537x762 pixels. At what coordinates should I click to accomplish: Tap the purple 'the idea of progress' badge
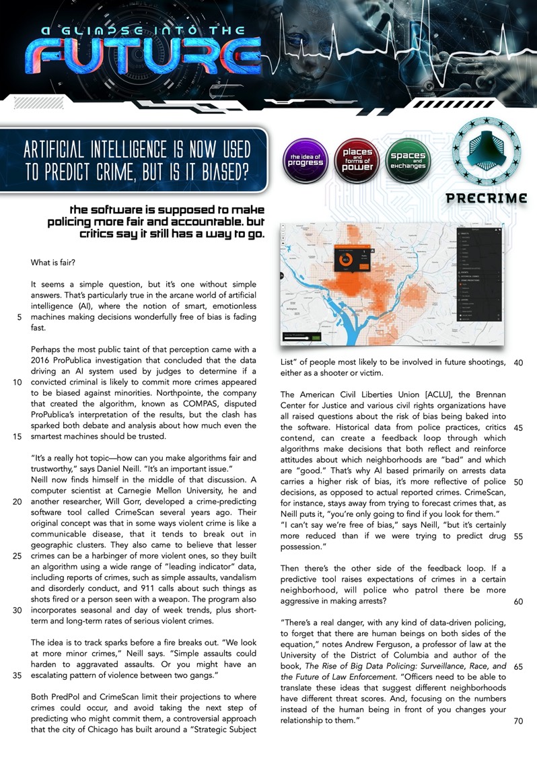(306, 161)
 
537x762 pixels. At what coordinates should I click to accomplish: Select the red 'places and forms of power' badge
(357, 161)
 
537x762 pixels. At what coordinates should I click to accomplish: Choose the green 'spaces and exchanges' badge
(408, 161)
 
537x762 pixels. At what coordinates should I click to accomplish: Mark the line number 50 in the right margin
(518, 482)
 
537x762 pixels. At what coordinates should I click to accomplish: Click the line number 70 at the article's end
(518, 721)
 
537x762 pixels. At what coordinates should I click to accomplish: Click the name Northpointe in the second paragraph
(191, 395)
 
